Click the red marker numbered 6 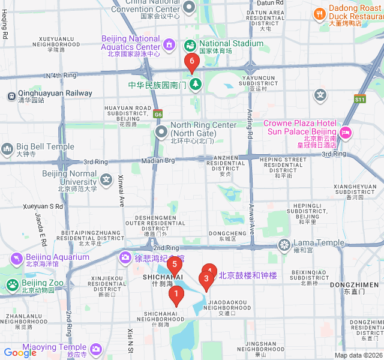click(192, 61)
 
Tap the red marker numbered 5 click(174, 264)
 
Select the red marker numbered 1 click(176, 294)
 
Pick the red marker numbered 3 click(206, 278)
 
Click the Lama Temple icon click(283, 244)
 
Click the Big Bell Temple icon click(7, 147)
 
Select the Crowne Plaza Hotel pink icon click(346, 132)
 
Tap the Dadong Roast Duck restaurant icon click(319, 14)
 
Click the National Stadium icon click(190, 44)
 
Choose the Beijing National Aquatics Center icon click(170, 44)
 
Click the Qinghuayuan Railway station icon click(11, 95)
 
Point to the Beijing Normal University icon click(106, 179)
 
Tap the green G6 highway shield click(157, 114)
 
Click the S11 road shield click(359, 99)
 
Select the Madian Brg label click(158, 160)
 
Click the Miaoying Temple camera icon click(96, 349)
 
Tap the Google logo click(20, 353)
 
